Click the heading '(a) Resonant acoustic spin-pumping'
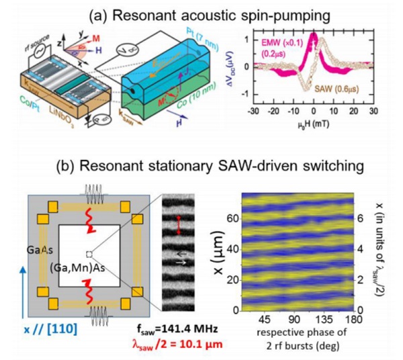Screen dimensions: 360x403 pos(201,11)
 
